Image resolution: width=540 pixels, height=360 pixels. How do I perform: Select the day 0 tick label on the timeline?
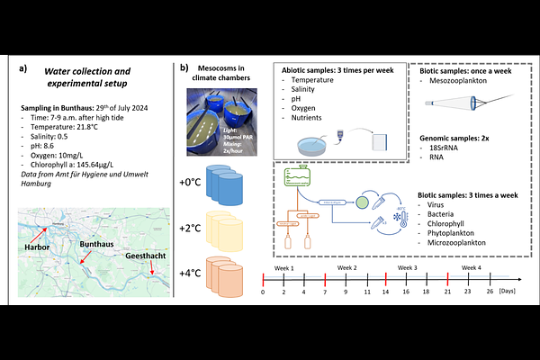tap(263, 292)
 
